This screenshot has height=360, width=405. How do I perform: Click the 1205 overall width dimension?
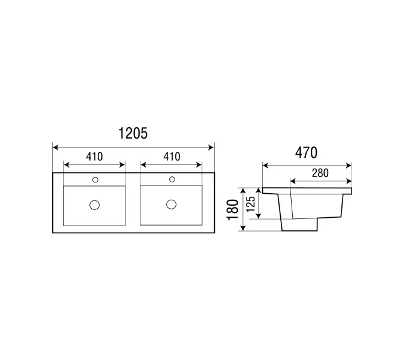pos(133,133)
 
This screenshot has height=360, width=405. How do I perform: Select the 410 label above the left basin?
pos(94,157)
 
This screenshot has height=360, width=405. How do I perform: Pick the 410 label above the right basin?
pos(172,157)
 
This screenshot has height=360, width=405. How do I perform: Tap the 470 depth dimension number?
pos(306,152)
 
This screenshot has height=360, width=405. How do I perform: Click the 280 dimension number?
pos(320,173)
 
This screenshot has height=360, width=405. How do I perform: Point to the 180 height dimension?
pos(233,209)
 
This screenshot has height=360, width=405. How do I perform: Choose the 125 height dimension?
pos(251,204)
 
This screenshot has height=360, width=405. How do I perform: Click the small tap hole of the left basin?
pos(95,180)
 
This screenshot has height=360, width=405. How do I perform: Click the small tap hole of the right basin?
pos(172,179)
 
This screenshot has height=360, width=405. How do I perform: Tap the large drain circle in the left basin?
pos(95,205)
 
